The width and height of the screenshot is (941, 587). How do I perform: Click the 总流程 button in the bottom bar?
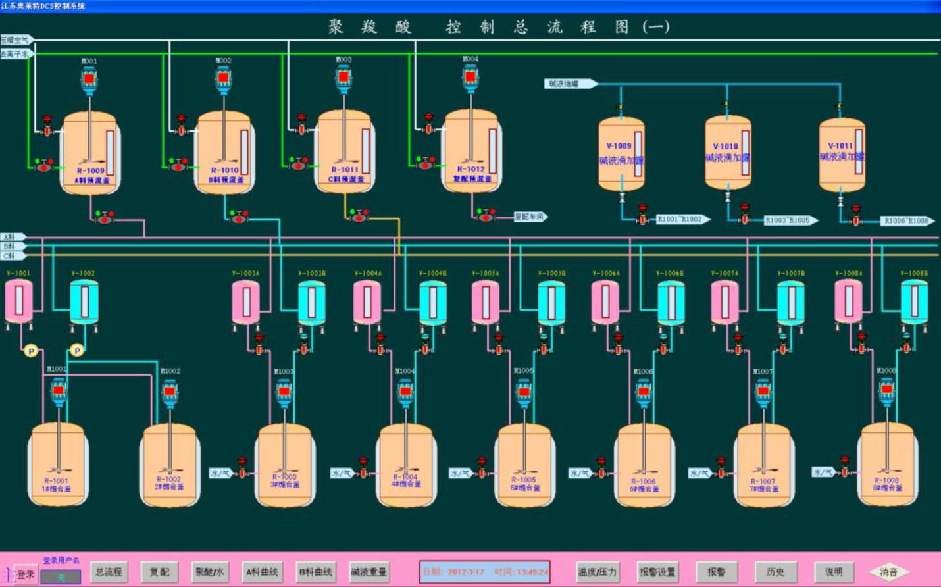109,572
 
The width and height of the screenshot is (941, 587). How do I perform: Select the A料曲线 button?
262,572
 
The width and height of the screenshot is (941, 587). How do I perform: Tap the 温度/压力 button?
597,572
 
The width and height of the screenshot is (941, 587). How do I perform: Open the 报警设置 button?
657,572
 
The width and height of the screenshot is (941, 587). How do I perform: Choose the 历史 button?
775,572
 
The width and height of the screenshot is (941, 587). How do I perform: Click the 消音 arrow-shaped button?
888,572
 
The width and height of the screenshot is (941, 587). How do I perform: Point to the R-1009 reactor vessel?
90,153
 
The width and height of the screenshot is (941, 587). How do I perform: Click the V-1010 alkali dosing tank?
726,152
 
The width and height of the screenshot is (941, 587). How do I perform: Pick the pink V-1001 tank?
19,301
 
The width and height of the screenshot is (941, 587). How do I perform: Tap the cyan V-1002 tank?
84,301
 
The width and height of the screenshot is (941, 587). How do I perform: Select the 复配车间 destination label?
530,217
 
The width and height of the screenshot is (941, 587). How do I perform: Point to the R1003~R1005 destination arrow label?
790,220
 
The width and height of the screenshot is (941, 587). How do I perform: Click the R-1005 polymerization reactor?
524,465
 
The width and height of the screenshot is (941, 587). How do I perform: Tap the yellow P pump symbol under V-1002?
77,351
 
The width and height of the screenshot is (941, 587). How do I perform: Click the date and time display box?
485,572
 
